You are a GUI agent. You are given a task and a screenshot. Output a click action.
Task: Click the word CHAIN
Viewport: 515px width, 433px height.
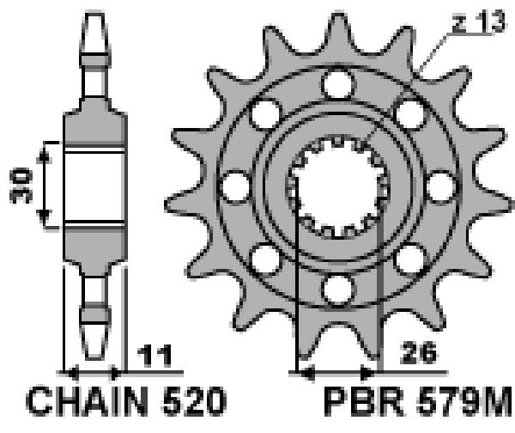pyautogui.click(x=87, y=400)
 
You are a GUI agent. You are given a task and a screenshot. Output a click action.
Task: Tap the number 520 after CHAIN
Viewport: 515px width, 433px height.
pyautogui.click(x=194, y=400)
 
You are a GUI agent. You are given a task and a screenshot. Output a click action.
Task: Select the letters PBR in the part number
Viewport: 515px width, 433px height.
pyautogui.click(x=364, y=401)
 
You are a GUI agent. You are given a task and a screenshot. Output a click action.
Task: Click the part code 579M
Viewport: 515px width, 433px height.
pyautogui.click(x=463, y=401)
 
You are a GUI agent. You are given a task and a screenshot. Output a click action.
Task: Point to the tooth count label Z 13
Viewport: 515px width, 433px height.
pyautogui.click(x=478, y=22)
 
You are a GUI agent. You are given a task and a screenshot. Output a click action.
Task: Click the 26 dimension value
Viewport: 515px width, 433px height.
pyautogui.click(x=419, y=353)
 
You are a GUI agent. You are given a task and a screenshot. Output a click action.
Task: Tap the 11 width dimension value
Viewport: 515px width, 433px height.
pyautogui.click(x=154, y=356)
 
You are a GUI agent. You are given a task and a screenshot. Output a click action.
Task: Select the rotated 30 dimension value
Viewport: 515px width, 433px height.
pyautogui.click(x=21, y=185)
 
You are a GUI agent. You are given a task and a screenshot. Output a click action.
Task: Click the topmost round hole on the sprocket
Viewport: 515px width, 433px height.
pyautogui.click(x=338, y=84)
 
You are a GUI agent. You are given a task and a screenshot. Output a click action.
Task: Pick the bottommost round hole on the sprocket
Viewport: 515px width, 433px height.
pyautogui.click(x=338, y=290)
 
